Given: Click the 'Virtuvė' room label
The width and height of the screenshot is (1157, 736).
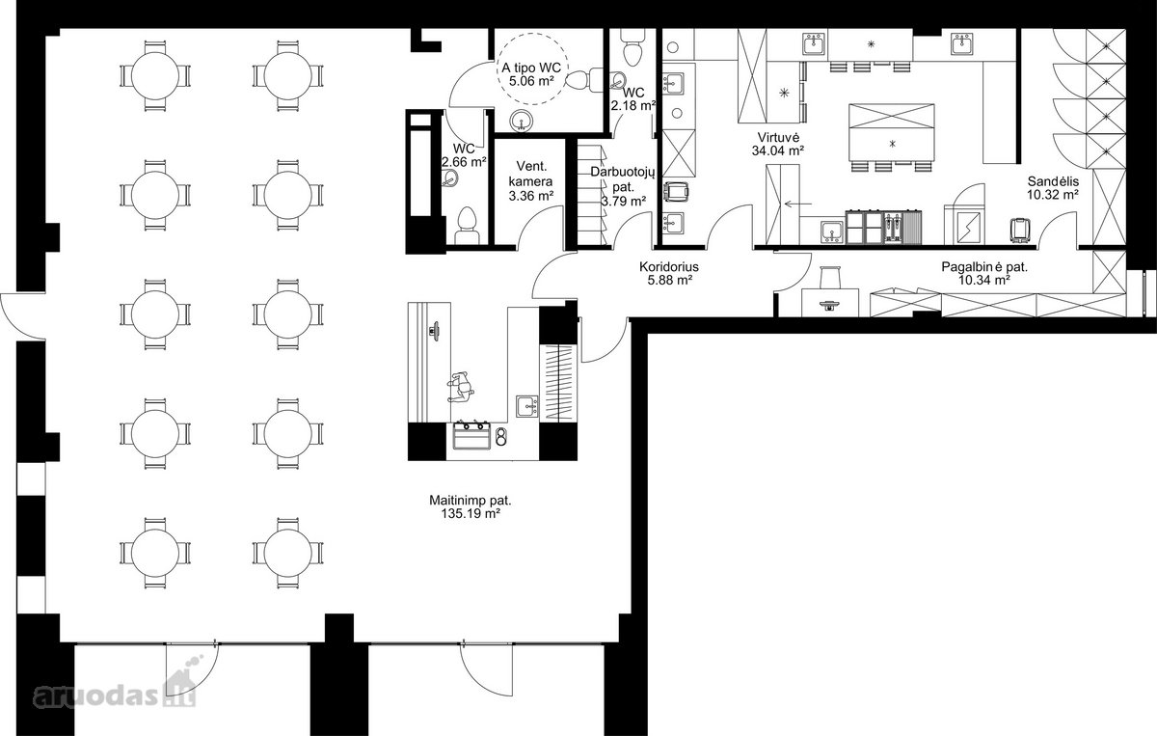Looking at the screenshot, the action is [x=778, y=138].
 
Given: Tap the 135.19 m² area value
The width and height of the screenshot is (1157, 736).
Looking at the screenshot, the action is [x=471, y=513].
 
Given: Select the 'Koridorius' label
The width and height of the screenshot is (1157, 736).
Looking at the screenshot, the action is [x=669, y=266].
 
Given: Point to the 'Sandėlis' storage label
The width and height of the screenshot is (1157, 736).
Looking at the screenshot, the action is [x=1053, y=181].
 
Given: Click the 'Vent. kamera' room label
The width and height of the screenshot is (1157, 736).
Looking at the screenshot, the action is [x=531, y=175].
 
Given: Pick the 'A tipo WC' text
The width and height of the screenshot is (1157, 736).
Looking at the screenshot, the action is [x=531, y=68].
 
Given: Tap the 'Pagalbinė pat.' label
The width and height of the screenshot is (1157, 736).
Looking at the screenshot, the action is [x=984, y=266].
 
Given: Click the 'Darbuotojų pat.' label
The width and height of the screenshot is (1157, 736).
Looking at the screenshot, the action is [x=623, y=179].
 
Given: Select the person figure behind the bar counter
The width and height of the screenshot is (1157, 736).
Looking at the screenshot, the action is [x=461, y=386].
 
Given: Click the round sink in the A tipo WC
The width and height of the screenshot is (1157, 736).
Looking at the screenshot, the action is [x=522, y=121].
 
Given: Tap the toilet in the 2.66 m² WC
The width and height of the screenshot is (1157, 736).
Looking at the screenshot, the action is [x=468, y=226].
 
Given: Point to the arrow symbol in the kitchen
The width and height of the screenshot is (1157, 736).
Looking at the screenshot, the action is [x=797, y=204].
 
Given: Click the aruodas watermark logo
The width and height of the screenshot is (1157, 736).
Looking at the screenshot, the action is [x=115, y=690].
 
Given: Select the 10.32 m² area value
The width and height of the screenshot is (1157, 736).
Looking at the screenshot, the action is [x=1053, y=195].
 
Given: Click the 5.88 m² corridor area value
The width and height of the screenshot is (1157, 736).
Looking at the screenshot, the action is [x=669, y=280].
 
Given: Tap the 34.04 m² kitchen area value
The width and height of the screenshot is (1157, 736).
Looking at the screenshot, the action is [x=778, y=150].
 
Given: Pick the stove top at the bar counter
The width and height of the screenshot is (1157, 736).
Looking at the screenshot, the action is [x=472, y=435].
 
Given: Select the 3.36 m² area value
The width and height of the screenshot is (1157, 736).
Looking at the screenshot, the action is [x=531, y=196].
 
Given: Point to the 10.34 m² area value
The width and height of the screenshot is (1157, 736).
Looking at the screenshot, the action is [x=984, y=280].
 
